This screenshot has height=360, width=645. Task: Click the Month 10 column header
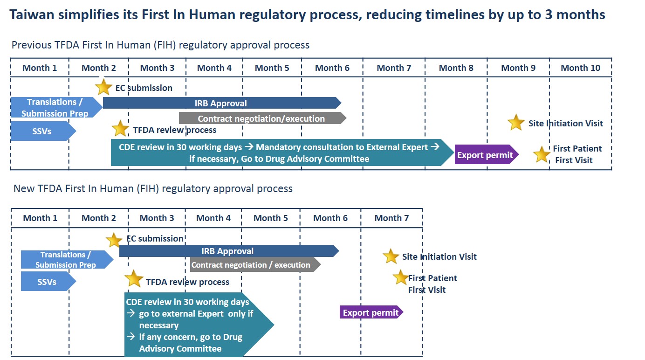(x=580, y=68)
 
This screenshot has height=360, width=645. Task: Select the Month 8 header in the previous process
(x=456, y=68)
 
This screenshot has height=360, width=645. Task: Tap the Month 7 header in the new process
(x=391, y=218)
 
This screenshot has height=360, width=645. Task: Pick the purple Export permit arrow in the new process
(x=371, y=312)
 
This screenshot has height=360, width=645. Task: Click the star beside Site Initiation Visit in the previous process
(x=516, y=123)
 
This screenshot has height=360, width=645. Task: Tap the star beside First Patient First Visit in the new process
(x=400, y=277)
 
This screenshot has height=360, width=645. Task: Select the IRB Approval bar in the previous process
(x=221, y=103)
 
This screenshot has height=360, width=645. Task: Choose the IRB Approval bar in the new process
(x=228, y=251)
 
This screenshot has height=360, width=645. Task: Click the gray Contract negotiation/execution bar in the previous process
(x=261, y=118)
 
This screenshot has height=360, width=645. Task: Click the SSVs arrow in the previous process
(x=42, y=132)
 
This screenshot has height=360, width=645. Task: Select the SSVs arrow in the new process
(x=47, y=282)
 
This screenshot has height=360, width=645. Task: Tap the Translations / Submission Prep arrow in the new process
(x=66, y=260)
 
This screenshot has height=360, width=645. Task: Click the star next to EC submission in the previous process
(x=103, y=87)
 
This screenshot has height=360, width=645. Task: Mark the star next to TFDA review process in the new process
(x=134, y=279)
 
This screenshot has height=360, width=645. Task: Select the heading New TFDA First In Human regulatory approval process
(x=153, y=189)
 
